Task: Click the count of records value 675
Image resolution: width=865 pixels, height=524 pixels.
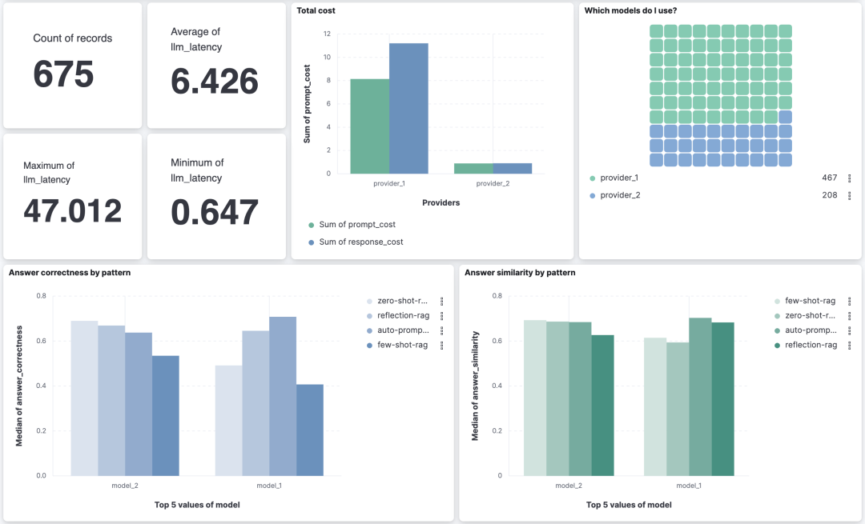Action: click(63, 74)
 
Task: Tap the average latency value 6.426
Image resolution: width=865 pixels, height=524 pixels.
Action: click(215, 81)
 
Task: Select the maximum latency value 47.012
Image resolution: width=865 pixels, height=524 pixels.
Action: click(72, 211)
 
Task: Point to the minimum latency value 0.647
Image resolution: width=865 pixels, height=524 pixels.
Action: click(215, 212)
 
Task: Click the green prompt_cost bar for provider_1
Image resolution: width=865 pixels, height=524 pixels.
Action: click(369, 126)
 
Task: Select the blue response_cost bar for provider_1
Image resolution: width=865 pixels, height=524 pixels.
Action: click(408, 109)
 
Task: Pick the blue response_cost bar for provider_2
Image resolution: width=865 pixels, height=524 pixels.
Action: click(513, 169)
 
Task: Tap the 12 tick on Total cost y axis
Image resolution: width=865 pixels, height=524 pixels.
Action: click(327, 34)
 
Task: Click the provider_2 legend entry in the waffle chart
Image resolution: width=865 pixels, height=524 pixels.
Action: click(614, 195)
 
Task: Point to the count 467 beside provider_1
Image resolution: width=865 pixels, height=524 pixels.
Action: click(829, 178)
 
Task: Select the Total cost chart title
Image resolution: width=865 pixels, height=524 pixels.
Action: click(316, 10)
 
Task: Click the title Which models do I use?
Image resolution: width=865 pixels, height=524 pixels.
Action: click(630, 10)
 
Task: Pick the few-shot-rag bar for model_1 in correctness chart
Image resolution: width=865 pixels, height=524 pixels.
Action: click(310, 430)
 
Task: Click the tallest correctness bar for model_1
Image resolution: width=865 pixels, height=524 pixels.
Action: click(283, 396)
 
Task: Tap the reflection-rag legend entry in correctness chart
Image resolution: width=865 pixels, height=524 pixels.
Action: click(398, 316)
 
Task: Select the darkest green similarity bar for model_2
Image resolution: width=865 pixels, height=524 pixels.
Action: click(602, 405)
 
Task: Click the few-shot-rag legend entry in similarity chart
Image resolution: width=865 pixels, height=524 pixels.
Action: click(805, 301)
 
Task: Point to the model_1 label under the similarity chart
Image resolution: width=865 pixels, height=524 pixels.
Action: click(689, 486)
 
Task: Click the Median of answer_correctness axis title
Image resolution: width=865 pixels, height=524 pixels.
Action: click(19, 386)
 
